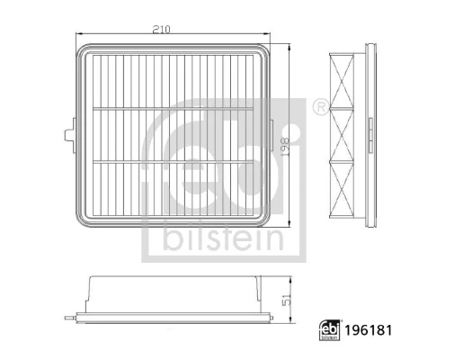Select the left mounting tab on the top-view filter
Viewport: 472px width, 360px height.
coord(67,135)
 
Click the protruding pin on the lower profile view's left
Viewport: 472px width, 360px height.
coord(68,318)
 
